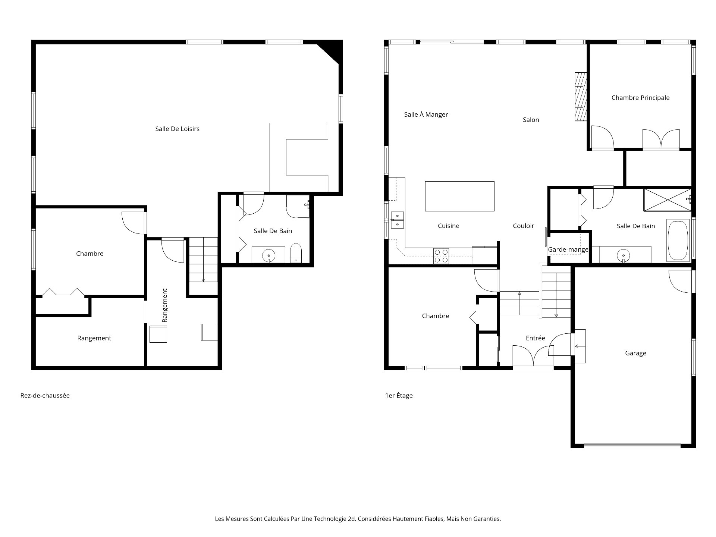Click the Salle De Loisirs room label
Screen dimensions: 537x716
pyautogui.click(x=177, y=129)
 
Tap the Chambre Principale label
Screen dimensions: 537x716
pyautogui.click(x=640, y=98)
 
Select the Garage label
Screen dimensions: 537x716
pyautogui.click(x=635, y=353)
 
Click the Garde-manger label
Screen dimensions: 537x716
pyautogui.click(x=568, y=249)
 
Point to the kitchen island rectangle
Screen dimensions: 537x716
pyautogui.click(x=459, y=196)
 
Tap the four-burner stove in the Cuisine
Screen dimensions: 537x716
pyautogui.click(x=441, y=256)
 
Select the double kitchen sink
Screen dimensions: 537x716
pyautogui.click(x=397, y=220)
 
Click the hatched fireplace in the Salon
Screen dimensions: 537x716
pyautogui.click(x=580, y=97)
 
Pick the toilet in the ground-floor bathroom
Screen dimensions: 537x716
pyautogui.click(x=296, y=253)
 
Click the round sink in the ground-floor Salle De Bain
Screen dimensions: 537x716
pyautogui.click(x=268, y=255)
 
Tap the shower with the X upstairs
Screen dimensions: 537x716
pyautogui.click(x=667, y=200)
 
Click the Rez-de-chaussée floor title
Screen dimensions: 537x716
pyautogui.click(x=45, y=396)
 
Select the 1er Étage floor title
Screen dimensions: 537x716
pyautogui.click(x=399, y=396)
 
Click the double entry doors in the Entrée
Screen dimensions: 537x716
pyautogui.click(x=533, y=356)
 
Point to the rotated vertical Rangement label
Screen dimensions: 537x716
pyautogui.click(x=165, y=305)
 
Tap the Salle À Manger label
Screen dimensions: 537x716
pyautogui.click(x=426, y=114)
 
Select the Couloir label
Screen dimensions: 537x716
pyautogui.click(x=523, y=226)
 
